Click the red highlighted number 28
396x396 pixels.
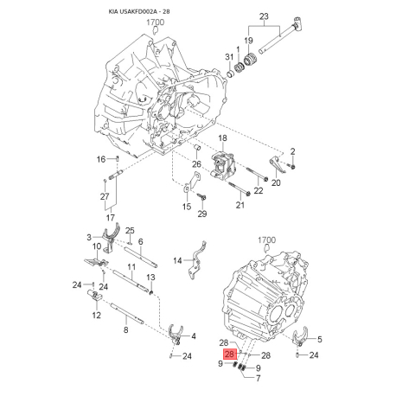click(x=229, y=354)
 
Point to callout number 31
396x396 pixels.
click(x=229, y=57)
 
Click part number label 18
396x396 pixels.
click(x=221, y=139)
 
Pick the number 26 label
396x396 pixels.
click(x=196, y=164)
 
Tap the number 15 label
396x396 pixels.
click(x=187, y=207)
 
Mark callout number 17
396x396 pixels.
click(x=109, y=218)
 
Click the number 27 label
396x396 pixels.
click(x=105, y=197)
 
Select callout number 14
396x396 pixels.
click(x=177, y=259)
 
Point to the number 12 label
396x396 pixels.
click(x=96, y=316)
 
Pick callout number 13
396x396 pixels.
click(x=150, y=277)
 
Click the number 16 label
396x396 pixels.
click(x=100, y=159)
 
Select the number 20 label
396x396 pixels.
click(x=277, y=182)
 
